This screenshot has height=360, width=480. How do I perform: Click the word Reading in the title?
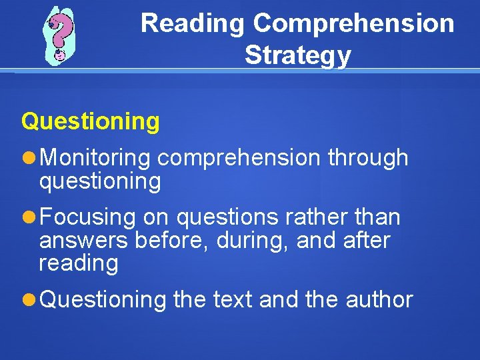click(193, 23)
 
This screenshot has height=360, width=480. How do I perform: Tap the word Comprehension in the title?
click(353, 23)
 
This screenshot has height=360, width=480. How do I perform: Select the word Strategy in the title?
click(297, 55)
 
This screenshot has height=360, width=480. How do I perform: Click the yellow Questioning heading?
click(91, 121)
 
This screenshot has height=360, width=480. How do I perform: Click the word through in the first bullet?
click(367, 158)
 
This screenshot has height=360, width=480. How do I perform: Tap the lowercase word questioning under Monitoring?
click(100, 181)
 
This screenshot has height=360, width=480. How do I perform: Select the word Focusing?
click(88, 217)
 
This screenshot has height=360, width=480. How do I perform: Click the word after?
click(365, 240)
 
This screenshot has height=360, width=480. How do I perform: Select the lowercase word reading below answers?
click(78, 263)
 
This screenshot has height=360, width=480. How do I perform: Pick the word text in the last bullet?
click(233, 300)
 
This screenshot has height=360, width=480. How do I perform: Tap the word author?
click(379, 300)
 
